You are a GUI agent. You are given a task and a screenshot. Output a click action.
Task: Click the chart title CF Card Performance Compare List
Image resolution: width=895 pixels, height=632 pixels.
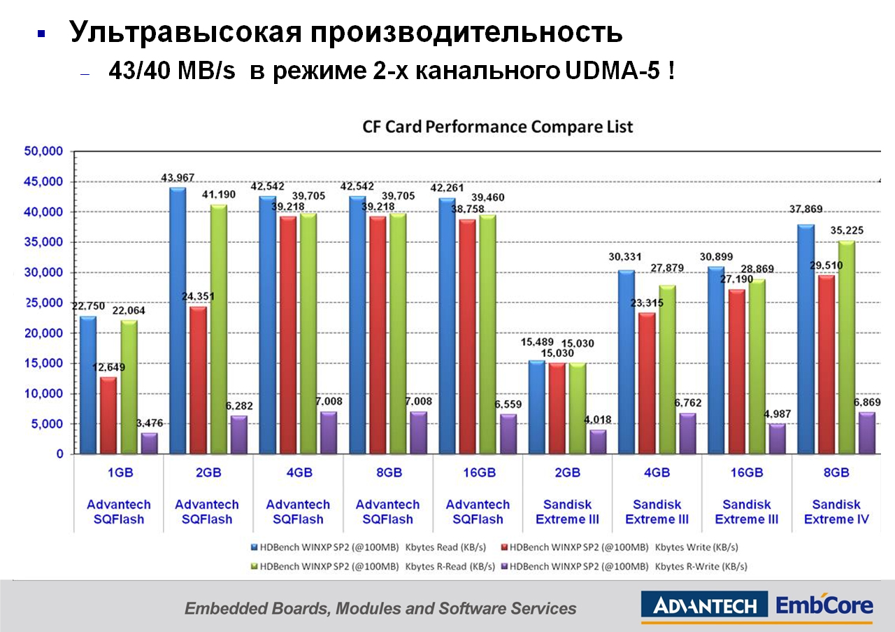[497, 127]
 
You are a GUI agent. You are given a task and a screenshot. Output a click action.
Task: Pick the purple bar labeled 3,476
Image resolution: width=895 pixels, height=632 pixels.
[150, 443]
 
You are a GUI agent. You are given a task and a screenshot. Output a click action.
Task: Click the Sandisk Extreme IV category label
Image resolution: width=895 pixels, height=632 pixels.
[836, 512]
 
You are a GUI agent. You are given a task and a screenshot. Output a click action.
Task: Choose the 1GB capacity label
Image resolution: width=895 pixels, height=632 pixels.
[120, 472]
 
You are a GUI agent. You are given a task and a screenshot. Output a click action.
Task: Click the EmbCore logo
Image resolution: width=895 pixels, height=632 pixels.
[824, 605]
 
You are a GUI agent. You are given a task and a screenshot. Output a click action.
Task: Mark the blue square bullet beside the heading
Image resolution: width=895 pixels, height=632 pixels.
[41, 34]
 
